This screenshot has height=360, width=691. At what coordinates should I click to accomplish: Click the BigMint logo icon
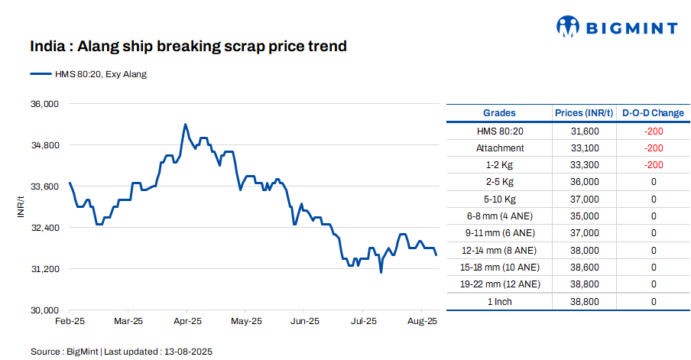[x=568, y=28]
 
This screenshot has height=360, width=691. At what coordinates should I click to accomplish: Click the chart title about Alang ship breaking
[x=189, y=47]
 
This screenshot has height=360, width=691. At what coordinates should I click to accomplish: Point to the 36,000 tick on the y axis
[x=44, y=104]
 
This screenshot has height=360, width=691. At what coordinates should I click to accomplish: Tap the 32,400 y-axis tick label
[x=44, y=228]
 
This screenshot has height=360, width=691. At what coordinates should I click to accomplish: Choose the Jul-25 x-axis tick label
[x=362, y=321]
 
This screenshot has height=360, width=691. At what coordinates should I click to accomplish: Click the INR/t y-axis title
[x=21, y=206]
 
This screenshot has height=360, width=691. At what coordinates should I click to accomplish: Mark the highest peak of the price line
[x=185, y=124]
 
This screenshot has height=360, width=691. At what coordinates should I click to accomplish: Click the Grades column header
[x=499, y=113]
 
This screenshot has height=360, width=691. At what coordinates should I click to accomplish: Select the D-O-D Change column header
[x=653, y=113]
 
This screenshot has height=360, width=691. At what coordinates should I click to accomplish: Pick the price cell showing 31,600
[x=585, y=131]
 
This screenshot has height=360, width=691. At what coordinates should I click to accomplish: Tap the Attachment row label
[x=500, y=148]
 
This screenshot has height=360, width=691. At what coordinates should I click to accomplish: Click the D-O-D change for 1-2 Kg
[x=653, y=165]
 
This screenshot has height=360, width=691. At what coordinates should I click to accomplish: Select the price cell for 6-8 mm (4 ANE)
[x=585, y=216]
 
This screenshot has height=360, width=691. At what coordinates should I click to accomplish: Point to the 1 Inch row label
[x=500, y=301]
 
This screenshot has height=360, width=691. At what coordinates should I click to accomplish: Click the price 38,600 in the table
[x=585, y=268]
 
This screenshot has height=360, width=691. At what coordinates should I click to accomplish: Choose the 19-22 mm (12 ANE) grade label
[x=500, y=284]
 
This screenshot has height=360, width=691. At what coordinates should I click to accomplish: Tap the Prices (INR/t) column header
[x=585, y=113]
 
